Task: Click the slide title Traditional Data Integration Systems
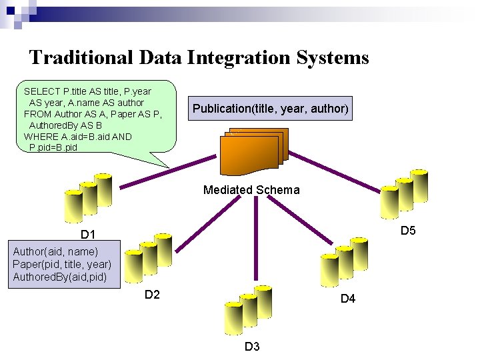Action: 199,57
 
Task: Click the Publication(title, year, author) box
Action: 270,109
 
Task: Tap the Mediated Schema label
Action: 251,190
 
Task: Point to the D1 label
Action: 88,235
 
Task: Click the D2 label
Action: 152,294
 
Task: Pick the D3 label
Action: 252,346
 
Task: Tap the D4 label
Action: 348,299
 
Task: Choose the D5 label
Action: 408,231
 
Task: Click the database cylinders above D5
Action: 403,193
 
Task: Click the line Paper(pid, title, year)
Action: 61,264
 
